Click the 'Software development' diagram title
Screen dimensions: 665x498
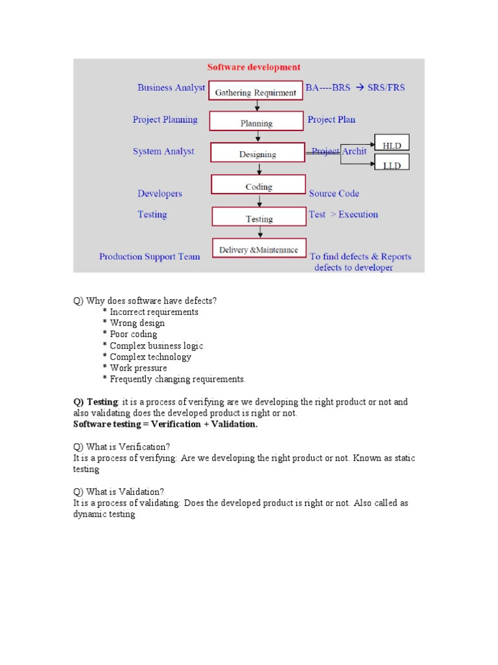254,67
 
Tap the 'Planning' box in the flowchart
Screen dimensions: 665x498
257,121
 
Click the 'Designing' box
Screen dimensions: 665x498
257,153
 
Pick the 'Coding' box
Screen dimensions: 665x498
258,186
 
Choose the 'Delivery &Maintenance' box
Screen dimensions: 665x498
259,248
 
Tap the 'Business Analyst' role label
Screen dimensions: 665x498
171,87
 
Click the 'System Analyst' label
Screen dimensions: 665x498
163,151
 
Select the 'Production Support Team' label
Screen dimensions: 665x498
150,257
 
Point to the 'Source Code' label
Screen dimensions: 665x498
334,193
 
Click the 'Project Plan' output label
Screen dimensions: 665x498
331,119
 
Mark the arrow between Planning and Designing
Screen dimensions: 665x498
259,137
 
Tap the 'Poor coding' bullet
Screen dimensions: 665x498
133,334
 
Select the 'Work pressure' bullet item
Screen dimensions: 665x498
138,368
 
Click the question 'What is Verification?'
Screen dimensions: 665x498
122,447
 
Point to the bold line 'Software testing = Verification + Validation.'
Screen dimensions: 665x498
165,425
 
